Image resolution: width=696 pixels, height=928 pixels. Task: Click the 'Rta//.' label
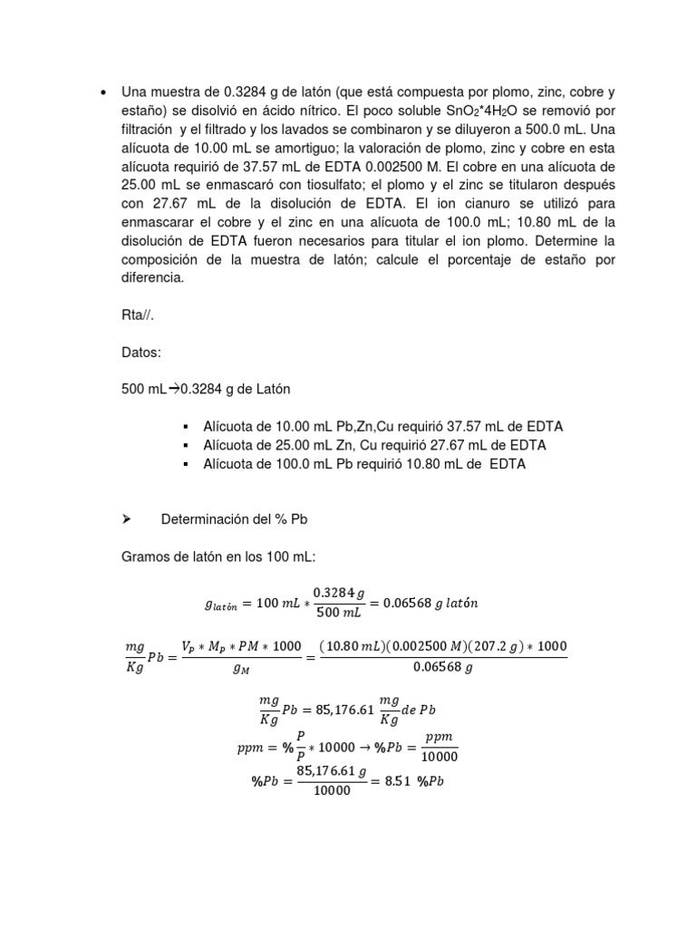click(138, 316)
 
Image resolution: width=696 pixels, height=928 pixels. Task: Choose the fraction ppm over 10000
click(440, 748)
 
